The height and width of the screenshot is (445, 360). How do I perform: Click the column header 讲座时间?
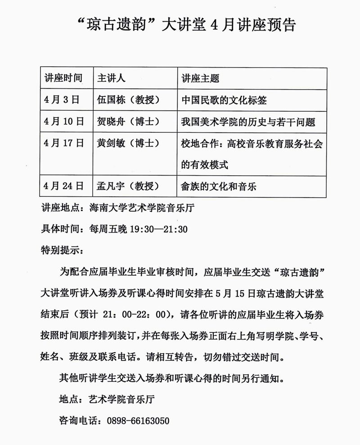[63, 78]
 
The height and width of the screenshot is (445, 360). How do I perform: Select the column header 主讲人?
[111, 78]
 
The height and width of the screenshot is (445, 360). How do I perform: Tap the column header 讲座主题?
[200, 78]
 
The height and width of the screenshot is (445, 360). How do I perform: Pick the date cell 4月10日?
[63, 121]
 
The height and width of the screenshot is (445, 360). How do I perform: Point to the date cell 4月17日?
[63, 143]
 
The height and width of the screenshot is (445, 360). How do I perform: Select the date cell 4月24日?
[63, 186]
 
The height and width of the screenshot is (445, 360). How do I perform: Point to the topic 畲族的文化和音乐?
[219, 186]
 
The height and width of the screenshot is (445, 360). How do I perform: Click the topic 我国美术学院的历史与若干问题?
[247, 121]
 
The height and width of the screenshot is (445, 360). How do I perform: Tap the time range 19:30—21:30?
[158, 229]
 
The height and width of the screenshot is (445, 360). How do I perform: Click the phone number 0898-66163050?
[138, 421]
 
